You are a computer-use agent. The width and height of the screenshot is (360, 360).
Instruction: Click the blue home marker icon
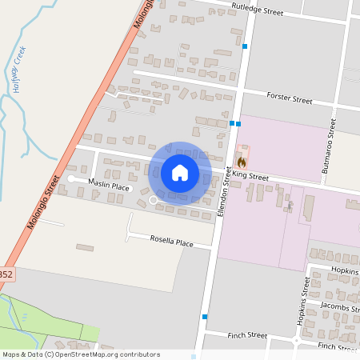(180, 173)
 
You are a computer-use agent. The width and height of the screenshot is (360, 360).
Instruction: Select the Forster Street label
(290, 99)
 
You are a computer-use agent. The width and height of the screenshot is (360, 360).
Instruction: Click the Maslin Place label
(109, 186)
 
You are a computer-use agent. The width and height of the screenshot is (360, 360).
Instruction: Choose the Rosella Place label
(172, 241)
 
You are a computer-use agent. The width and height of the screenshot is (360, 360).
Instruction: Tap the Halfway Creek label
(20, 70)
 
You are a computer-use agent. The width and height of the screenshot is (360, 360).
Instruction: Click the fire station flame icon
(242, 161)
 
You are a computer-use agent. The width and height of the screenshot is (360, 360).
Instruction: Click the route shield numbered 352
(6, 274)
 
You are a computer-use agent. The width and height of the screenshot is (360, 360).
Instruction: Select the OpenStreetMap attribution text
(80, 354)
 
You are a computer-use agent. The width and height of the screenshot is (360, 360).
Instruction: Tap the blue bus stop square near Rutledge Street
(245, 46)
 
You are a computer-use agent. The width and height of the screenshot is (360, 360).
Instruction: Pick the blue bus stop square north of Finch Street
(206, 317)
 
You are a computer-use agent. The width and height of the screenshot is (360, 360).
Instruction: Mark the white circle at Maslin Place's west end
(71, 179)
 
